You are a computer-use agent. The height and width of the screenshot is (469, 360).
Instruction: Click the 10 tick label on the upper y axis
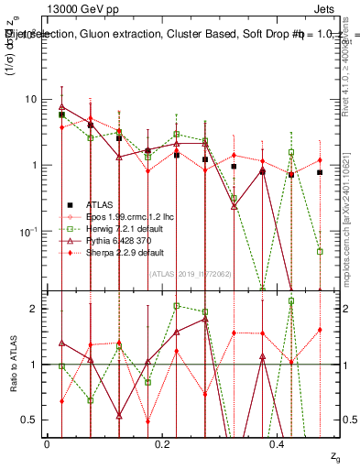[30, 99]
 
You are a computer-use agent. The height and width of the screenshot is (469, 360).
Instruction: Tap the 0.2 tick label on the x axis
[163, 442]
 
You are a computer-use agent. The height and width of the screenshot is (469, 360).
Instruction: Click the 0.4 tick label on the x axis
[279, 442]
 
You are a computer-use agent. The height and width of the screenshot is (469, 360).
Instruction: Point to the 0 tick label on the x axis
[47, 442]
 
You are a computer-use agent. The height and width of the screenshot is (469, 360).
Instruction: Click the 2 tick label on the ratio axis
[35, 309]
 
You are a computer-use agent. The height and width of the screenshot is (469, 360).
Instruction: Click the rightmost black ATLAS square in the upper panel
[320, 172]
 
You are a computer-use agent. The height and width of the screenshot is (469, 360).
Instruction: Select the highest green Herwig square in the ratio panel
[291, 300]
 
